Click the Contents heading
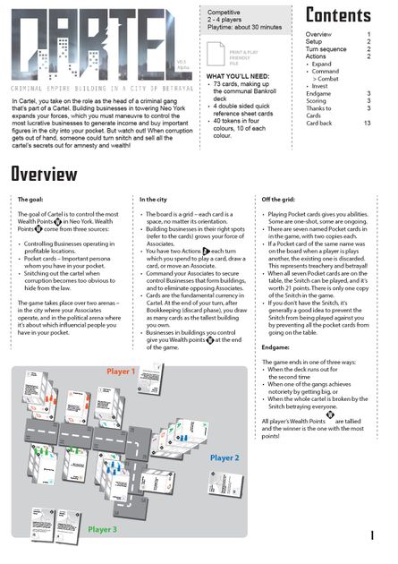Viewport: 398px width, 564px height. click(338, 15)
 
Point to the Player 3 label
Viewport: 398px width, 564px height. click(101, 529)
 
